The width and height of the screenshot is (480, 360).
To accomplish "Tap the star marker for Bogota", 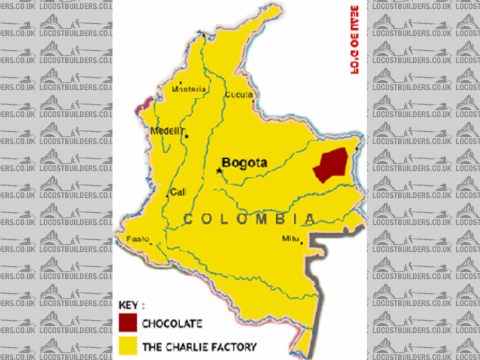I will coord(220,171).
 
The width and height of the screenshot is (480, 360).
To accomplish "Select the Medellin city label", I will coord(167,130).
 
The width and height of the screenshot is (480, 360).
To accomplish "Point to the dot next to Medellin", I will coord(186,136).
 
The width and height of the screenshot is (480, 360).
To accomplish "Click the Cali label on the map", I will coord(178,192).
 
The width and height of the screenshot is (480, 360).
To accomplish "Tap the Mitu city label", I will coord(290,238).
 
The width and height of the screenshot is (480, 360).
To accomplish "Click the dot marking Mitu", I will coord(301,241).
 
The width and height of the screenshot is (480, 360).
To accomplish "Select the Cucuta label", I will coord(238,94).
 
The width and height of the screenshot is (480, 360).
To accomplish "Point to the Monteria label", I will coord(189,89).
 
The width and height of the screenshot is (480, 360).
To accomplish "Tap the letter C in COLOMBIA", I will coord(190,219).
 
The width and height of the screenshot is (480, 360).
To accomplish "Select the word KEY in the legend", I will coord(130,306).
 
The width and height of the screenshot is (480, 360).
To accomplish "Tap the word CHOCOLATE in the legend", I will coord(172,323).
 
